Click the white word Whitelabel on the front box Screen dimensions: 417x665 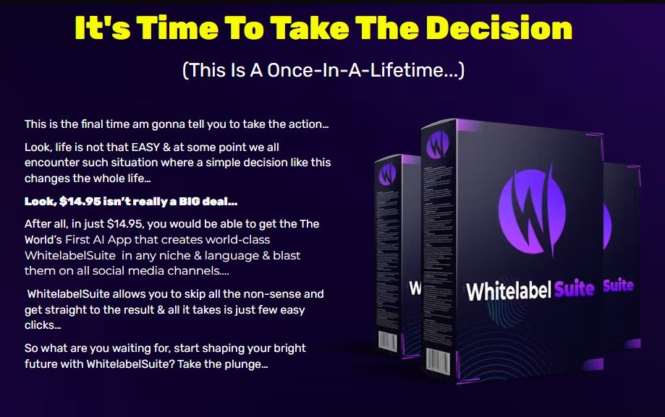(509, 291)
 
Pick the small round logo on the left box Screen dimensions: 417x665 (387, 173)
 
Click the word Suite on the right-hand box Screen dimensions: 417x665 (619, 285)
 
